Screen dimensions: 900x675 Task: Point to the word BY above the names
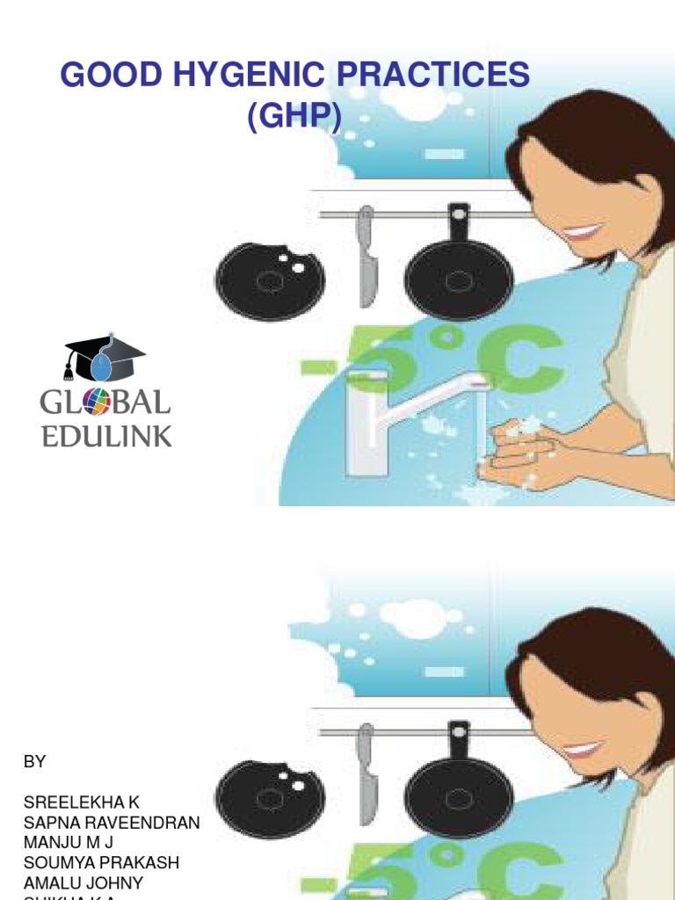[34, 762]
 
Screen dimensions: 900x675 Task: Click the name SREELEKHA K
[81, 802]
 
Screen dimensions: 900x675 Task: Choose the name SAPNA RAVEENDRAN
[112, 823]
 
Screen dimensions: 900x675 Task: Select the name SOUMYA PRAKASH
[101, 863]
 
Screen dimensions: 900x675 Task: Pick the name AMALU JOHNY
[83, 882]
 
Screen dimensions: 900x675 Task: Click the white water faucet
[396, 404]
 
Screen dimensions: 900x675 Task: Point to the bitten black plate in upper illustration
[270, 280]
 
